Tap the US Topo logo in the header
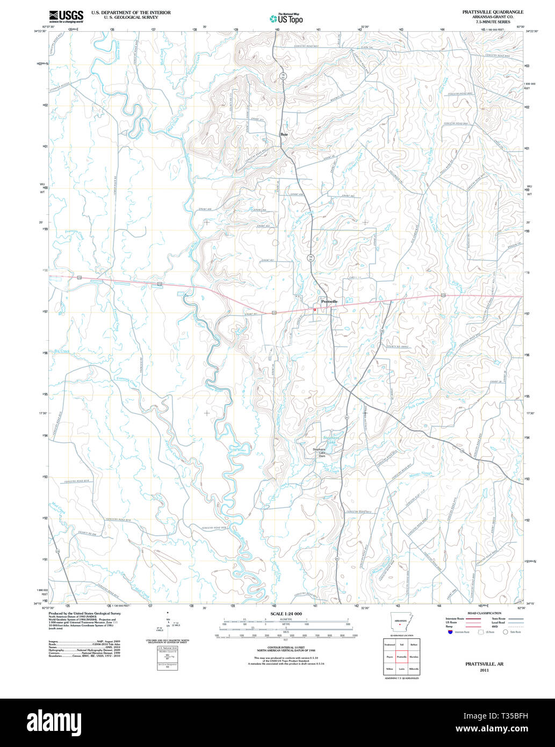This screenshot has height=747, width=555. tap(286, 18)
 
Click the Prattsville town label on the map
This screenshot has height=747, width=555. tap(329, 302)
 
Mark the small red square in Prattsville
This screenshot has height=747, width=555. tap(315, 309)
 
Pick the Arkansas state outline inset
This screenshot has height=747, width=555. tap(400, 624)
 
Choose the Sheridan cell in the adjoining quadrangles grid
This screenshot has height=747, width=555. tap(414, 657)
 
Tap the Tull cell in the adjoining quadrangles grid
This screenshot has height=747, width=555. tap(401, 644)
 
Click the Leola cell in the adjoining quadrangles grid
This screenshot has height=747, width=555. tap(401, 669)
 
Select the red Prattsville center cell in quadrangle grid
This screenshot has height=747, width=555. tap(401, 657)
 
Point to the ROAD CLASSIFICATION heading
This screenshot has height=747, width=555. tap(485, 613)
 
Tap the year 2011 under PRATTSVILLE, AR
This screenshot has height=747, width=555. tap(485, 670)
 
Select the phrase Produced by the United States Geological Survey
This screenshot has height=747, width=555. tap(84, 613)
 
